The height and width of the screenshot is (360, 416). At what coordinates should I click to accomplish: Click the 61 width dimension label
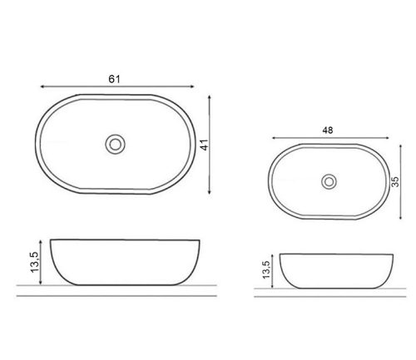click(114, 79)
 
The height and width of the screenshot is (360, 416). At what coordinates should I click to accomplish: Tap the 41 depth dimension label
click(205, 145)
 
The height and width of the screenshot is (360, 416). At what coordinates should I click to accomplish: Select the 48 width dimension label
click(328, 131)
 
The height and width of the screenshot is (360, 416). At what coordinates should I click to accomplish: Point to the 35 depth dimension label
click(395, 182)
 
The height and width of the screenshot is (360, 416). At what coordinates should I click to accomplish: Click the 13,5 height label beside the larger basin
click(35, 262)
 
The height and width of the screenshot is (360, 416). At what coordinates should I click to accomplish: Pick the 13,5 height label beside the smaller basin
click(265, 269)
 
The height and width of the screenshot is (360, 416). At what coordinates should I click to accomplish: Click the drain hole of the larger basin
click(115, 144)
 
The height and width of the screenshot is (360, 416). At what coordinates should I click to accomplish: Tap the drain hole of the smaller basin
click(329, 182)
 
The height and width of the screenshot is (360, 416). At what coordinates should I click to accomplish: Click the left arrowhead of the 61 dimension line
click(42, 86)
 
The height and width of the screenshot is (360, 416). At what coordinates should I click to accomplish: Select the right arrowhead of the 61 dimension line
click(192, 86)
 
